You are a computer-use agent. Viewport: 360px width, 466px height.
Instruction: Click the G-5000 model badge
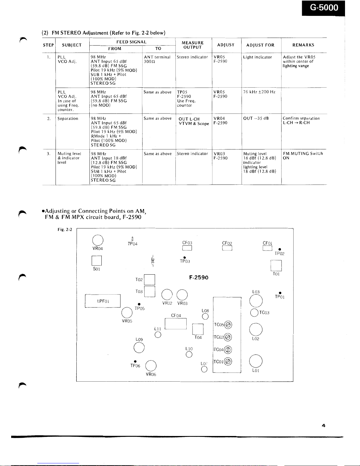323,8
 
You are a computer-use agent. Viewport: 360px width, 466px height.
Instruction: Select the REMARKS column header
303,45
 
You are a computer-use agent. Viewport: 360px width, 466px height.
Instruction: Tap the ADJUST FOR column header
260,45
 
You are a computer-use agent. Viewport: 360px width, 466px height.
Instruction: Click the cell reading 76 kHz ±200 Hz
259,92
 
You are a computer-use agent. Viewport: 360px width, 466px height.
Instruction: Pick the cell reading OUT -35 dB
256,118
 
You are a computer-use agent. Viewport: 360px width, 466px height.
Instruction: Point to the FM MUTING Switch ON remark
303,156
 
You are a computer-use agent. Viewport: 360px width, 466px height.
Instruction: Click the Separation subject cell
68,118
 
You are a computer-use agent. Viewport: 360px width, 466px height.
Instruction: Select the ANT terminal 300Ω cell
157,59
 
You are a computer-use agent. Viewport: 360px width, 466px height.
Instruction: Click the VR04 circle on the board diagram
98,240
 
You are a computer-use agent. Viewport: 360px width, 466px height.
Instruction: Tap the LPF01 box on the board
103,301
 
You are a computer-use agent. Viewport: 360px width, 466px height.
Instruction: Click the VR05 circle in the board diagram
127,313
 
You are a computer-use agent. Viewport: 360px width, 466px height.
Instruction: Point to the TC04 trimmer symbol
228,350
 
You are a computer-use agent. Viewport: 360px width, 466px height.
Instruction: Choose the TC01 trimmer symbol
228,362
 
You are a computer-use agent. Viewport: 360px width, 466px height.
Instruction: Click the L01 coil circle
256,361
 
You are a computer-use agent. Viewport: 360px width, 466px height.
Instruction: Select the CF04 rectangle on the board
176,324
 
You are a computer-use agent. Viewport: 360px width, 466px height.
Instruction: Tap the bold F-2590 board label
199,278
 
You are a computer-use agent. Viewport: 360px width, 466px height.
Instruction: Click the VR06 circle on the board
151,366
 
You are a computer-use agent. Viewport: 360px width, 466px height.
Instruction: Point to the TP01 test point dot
280,293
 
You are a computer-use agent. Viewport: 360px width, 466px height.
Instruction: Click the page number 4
324,425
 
